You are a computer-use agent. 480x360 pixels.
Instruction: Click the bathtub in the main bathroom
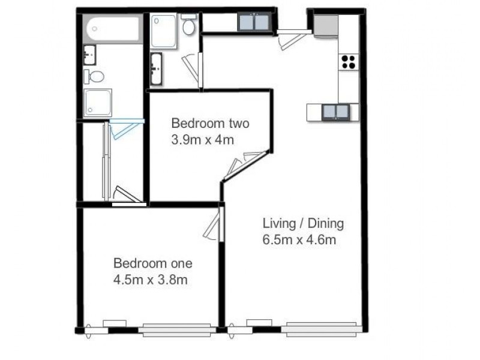(113, 29)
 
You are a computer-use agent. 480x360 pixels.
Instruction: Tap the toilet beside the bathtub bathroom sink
(95, 76)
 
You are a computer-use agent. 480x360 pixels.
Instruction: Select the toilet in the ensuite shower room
(188, 25)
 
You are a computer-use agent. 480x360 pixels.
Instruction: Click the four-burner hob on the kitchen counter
(349, 61)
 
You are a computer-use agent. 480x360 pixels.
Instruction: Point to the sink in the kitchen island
(336, 112)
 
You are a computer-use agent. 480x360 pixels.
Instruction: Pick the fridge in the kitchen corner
(326, 27)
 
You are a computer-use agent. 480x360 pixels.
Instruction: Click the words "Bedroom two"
(210, 124)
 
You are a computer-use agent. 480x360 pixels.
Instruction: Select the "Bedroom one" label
(153, 263)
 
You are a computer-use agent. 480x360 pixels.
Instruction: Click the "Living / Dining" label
(303, 224)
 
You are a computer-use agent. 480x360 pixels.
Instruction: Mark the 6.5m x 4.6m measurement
(299, 241)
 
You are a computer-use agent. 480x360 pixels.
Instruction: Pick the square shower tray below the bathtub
(97, 103)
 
